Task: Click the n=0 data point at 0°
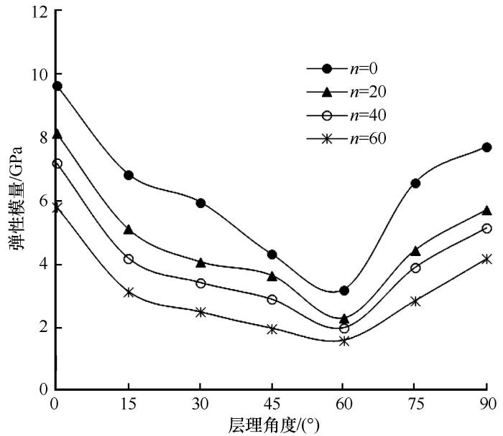[57, 86]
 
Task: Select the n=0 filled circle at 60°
[344, 290]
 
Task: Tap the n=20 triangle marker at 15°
[129, 229]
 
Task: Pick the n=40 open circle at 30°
[200, 283]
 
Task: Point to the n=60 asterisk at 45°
[272, 329]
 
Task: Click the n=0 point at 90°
[486, 147]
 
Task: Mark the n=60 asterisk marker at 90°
[486, 259]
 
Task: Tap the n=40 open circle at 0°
[57, 163]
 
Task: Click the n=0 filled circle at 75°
[415, 183]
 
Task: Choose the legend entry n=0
[343, 68]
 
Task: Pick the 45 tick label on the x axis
[271, 403]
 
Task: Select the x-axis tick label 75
[415, 403]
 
